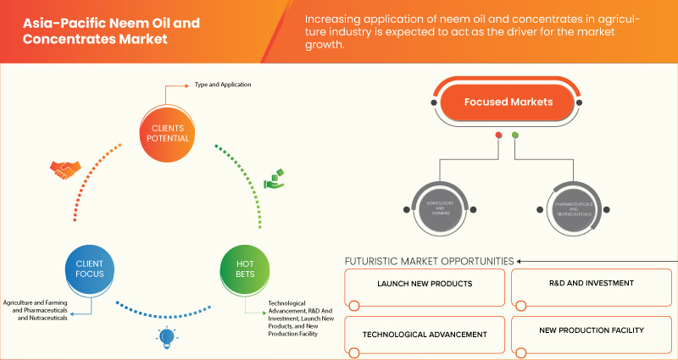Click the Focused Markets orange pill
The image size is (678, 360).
508,102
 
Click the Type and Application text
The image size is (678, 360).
223,85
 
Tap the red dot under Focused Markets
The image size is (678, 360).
499,135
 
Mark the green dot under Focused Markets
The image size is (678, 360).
515,135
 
